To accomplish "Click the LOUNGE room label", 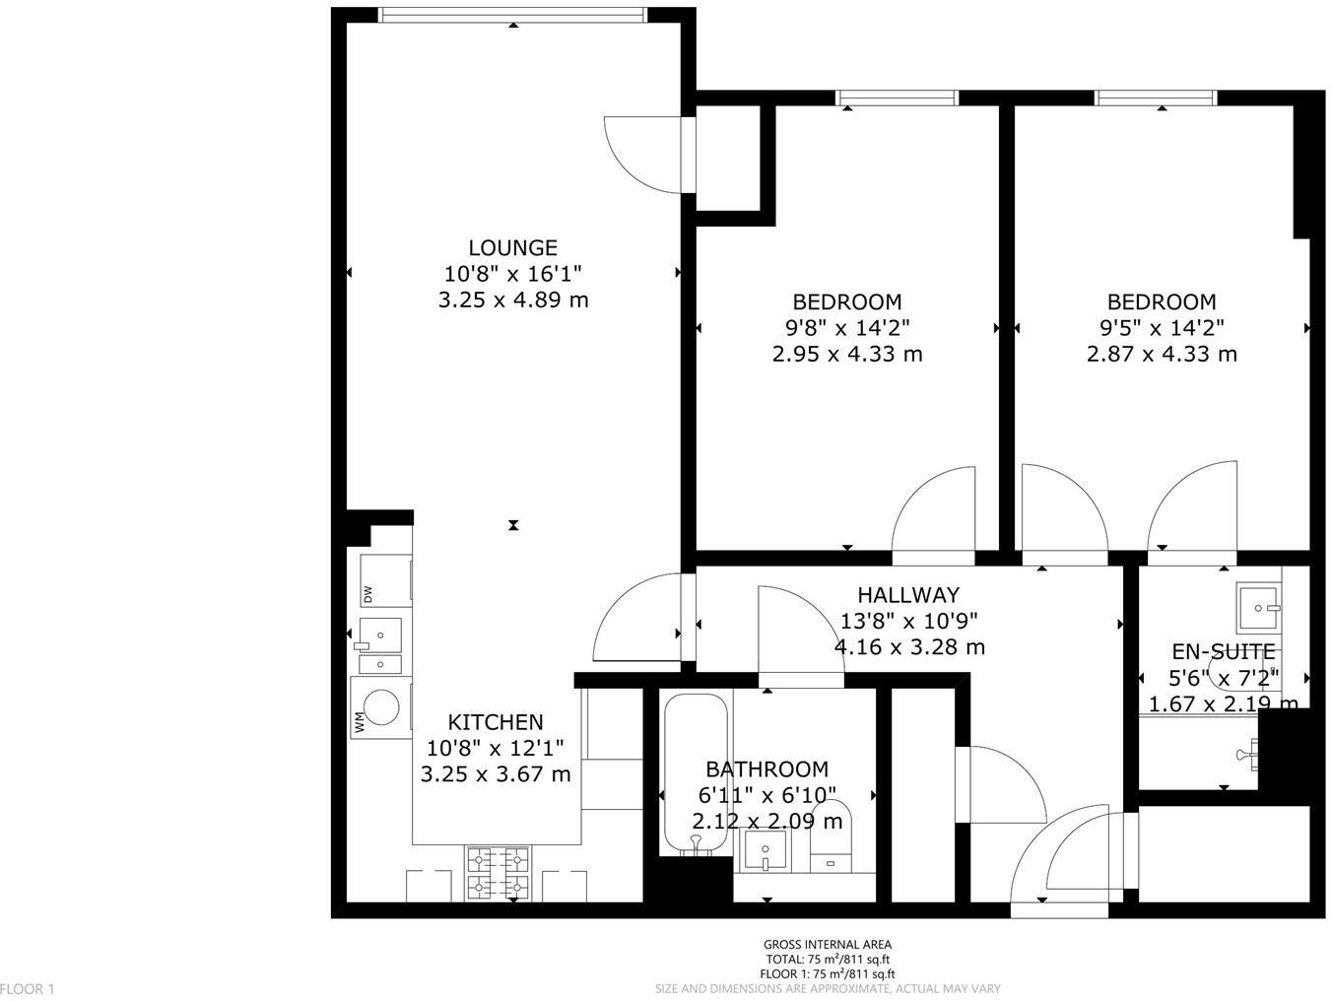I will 512,248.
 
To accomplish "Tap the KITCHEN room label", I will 495,722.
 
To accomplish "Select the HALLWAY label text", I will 907,595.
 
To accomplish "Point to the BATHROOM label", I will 766,769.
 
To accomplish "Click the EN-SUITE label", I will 1223,652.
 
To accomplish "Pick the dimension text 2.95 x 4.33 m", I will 847,354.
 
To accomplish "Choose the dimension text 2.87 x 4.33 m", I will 1162,354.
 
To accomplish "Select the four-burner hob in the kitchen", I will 498,873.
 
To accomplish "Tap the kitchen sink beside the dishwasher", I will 380,634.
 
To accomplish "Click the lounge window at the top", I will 513,14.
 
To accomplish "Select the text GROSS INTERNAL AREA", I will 828,945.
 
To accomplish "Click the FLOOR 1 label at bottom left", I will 28,988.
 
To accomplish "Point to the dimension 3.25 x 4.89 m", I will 512,300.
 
